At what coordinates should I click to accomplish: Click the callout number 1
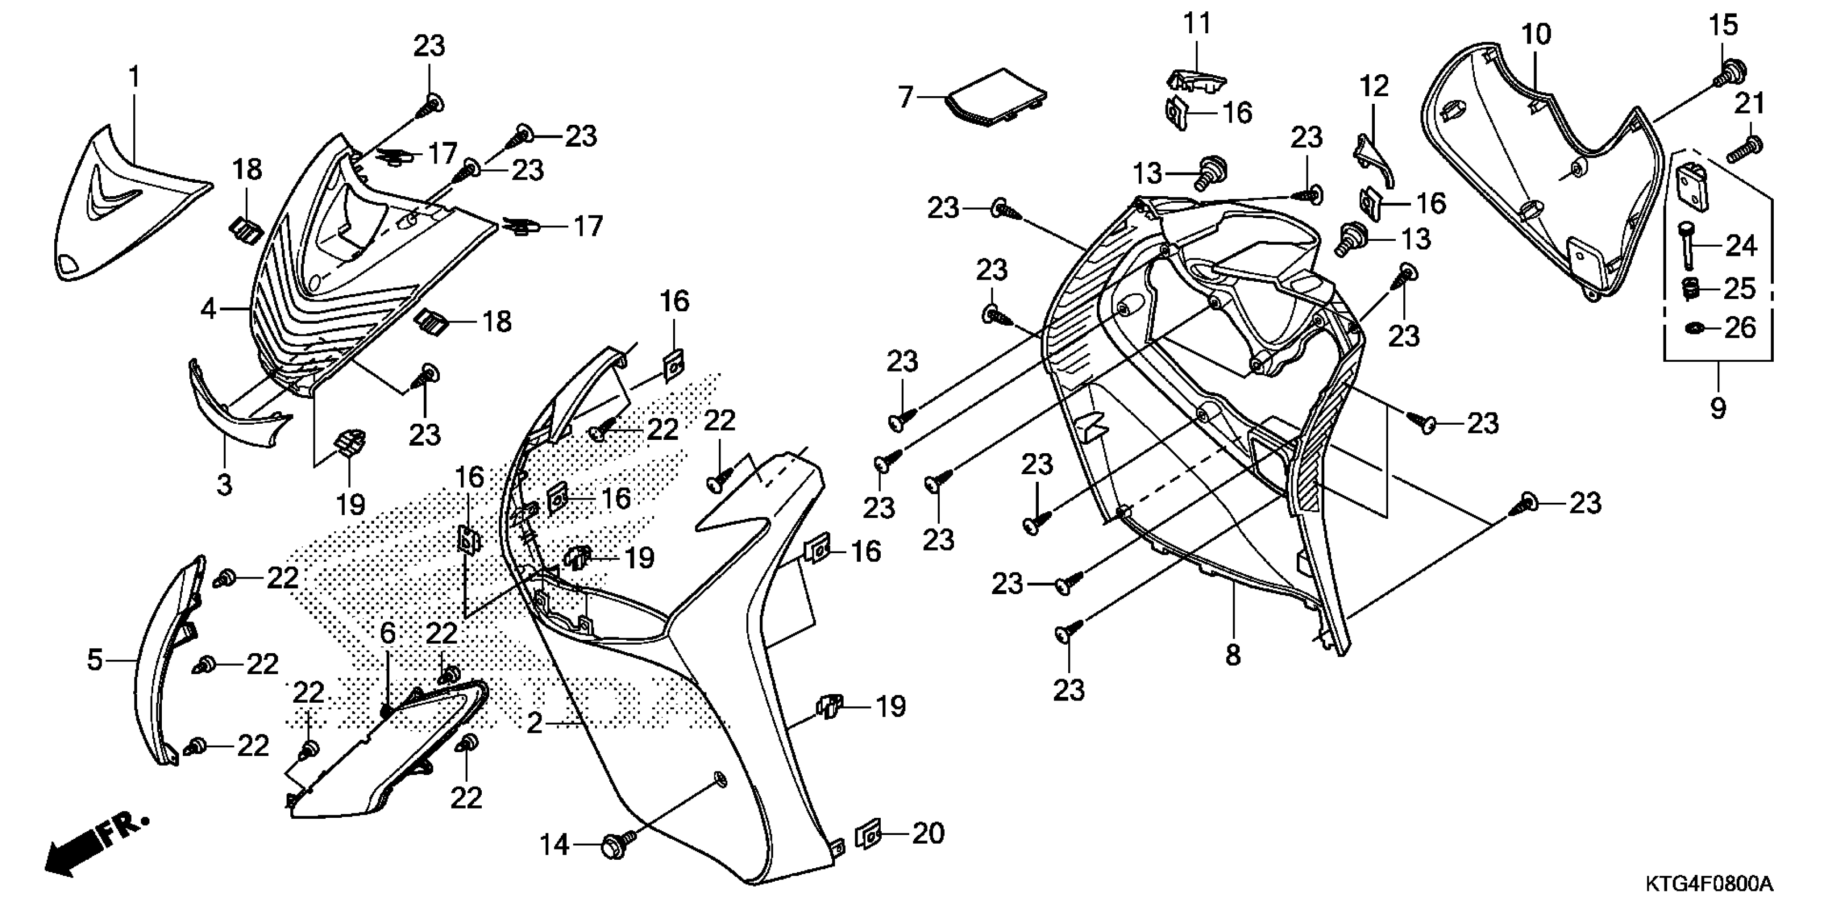pos(134,77)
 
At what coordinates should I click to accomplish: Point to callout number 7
pos(905,97)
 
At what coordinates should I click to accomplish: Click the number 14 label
pos(554,845)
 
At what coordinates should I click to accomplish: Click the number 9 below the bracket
pos(1717,408)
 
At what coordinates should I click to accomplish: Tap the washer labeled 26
pos(1693,328)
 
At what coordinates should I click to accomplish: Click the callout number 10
pos(1537,34)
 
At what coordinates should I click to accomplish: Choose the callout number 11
pos(1197,24)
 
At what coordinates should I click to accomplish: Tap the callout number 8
pos(1233,654)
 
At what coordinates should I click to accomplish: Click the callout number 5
pos(95,660)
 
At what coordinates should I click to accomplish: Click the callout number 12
pos(1374,87)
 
